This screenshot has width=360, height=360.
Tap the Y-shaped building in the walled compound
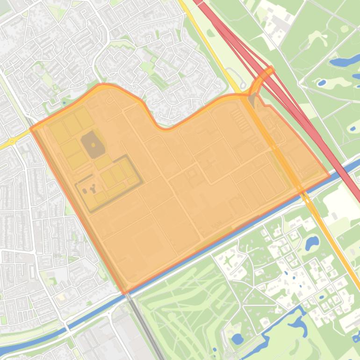point(92,189)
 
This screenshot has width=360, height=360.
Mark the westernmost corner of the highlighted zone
point(31,129)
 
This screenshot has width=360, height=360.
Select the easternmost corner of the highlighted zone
point(330,175)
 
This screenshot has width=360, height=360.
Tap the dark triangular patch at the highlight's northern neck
point(252,100)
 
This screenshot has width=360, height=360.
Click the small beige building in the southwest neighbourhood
point(60,296)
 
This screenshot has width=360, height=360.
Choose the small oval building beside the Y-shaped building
point(85,191)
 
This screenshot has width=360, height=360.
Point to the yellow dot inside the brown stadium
point(93,144)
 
